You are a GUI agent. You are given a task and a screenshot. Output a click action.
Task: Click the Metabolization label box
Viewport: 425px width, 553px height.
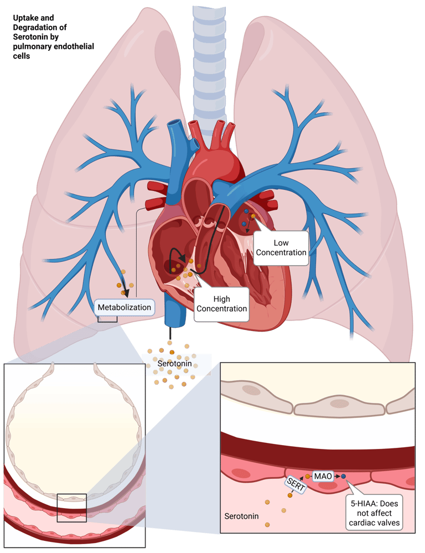point(124,306)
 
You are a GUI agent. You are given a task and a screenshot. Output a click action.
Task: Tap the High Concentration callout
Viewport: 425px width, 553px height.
point(221,303)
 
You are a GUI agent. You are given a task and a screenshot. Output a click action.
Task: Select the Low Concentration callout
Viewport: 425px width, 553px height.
point(281,247)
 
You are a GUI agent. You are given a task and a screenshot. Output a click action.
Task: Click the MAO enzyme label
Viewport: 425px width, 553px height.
point(323,476)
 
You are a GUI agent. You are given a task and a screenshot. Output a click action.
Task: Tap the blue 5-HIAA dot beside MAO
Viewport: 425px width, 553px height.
point(343,476)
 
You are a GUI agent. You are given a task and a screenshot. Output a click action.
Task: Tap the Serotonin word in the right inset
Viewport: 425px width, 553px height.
point(241,516)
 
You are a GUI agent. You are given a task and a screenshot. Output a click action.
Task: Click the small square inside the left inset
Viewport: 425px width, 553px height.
point(72,507)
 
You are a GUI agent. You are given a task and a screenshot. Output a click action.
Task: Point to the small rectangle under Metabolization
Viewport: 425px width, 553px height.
point(107,318)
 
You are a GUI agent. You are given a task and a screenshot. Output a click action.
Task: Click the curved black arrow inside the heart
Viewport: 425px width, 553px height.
point(177,255)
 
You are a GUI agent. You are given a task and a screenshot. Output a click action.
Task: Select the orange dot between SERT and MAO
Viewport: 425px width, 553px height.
point(308,476)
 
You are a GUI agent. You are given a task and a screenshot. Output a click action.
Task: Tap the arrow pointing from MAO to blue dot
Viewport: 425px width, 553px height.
point(336,476)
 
